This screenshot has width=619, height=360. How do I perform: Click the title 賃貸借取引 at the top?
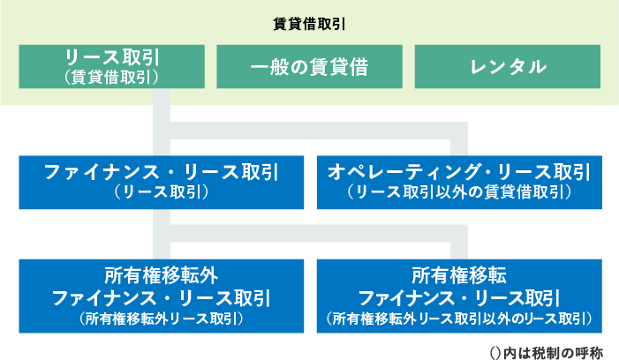(x=309, y=25)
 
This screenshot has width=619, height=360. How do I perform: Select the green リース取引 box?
(x=112, y=67)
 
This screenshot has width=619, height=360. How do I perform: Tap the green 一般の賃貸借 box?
(x=309, y=67)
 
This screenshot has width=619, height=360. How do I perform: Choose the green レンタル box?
(x=508, y=67)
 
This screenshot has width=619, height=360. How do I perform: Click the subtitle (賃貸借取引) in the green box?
(x=112, y=78)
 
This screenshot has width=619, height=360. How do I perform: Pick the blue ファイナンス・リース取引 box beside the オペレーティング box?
(x=162, y=183)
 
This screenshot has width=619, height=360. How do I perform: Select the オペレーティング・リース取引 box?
(x=459, y=183)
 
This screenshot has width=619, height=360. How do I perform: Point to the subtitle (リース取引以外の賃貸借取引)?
(x=459, y=192)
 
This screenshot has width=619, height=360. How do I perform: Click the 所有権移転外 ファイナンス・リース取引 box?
(x=162, y=296)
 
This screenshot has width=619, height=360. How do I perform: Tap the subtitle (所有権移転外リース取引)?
(x=162, y=319)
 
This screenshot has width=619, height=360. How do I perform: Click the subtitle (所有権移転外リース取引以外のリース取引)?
(x=459, y=319)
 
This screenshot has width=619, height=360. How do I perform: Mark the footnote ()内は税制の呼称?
(x=547, y=352)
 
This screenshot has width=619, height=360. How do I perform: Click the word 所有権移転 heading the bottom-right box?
(x=459, y=275)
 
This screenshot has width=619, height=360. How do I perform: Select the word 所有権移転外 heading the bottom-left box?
(x=162, y=275)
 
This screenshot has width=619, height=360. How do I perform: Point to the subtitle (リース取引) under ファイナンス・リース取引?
(x=162, y=192)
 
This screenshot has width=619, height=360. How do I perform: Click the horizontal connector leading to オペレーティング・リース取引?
(x=319, y=131)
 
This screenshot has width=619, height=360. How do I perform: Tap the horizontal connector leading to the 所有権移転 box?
(x=319, y=234)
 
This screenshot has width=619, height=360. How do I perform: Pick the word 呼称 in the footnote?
(x=590, y=353)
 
